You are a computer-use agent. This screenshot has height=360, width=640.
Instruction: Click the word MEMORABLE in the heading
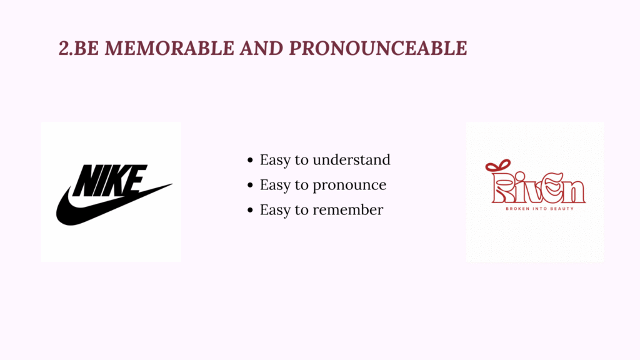(169, 48)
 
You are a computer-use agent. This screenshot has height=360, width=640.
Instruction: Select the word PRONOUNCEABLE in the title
(378, 48)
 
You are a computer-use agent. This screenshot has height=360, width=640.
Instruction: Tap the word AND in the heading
(261, 48)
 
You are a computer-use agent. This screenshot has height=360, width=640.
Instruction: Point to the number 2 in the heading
(64, 48)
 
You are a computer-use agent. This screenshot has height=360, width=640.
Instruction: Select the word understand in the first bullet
(351, 159)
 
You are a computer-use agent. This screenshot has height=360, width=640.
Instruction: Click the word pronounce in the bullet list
(349, 185)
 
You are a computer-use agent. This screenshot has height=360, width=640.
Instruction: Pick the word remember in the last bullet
(347, 210)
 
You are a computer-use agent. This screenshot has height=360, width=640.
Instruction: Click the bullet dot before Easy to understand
(250, 161)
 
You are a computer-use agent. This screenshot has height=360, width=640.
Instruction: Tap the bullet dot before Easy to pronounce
(250, 185)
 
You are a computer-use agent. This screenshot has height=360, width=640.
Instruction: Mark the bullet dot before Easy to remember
(250, 211)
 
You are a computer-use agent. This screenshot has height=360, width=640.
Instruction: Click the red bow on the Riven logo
(497, 166)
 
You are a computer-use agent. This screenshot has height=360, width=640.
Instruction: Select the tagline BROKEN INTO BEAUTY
(539, 209)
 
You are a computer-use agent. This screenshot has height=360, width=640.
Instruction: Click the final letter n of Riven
(574, 192)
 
